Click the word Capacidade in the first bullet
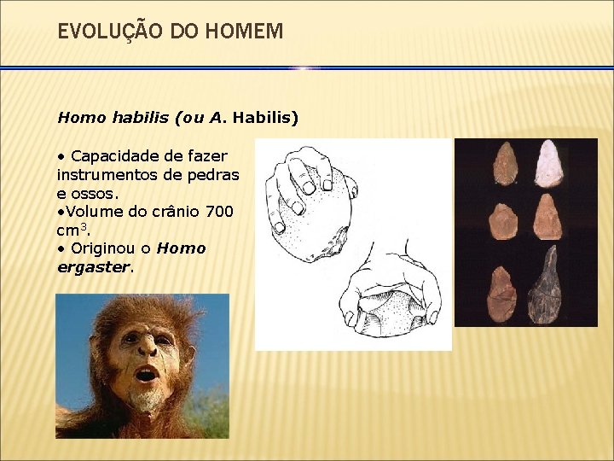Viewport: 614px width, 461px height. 113,155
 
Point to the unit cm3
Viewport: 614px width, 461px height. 72,230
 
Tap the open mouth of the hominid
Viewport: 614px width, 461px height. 146,375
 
